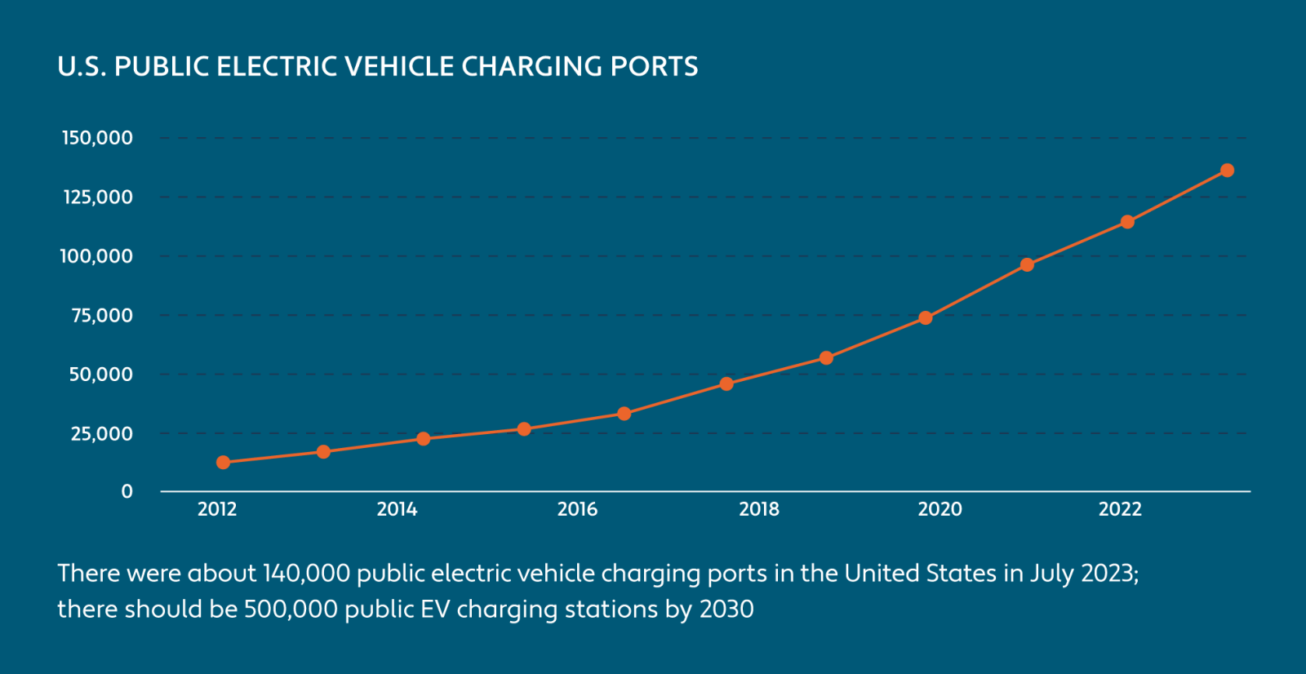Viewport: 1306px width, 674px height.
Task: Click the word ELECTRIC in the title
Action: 277,67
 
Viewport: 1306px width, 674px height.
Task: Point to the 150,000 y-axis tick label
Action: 97,138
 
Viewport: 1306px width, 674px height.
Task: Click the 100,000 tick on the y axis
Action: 96,256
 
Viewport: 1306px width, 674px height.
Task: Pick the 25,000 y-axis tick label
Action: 102,434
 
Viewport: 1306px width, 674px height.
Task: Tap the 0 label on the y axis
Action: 127,491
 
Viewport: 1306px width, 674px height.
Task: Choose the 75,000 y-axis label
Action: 102,316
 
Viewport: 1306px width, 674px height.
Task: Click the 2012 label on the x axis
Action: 217,509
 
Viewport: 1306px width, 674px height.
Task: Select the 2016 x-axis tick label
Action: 577,509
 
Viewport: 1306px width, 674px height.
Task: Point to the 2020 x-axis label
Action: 940,509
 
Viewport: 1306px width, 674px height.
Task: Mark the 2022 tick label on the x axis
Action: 1120,509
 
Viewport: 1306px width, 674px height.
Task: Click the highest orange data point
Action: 1227,171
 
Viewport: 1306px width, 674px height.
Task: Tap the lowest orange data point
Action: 224,463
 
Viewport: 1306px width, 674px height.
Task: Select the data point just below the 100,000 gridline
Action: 1027,265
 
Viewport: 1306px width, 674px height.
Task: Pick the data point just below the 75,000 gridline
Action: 926,318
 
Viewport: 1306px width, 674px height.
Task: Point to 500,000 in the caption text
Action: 291,610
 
